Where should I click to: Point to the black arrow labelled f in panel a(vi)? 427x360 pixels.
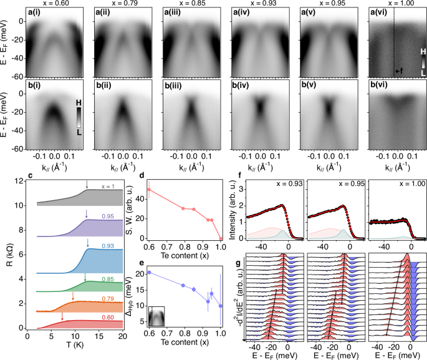point(398,71)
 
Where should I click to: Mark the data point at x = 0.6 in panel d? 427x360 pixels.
point(148,190)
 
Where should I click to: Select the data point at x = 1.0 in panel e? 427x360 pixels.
point(221,306)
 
